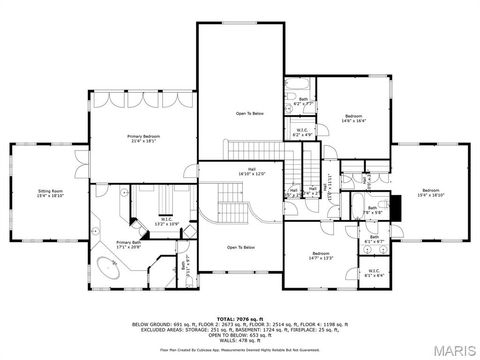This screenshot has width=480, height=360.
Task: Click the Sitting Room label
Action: coord(51,192)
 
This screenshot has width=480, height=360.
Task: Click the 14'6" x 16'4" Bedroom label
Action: coord(353,119)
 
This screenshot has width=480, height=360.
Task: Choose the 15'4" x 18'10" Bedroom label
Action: coord(430,192)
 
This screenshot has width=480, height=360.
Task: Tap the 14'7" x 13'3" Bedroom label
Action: coord(320,255)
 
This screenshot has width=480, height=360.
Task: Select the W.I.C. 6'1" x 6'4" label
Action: coord(373,271)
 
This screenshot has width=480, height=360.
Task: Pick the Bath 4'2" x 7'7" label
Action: coord(304,101)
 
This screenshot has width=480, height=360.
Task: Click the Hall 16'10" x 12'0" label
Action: coord(252,171)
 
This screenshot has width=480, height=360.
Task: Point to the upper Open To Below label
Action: coord(249,113)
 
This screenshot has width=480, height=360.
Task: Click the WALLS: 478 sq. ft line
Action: coord(240,340)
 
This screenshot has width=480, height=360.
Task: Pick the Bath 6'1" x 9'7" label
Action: coord(372,241)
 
